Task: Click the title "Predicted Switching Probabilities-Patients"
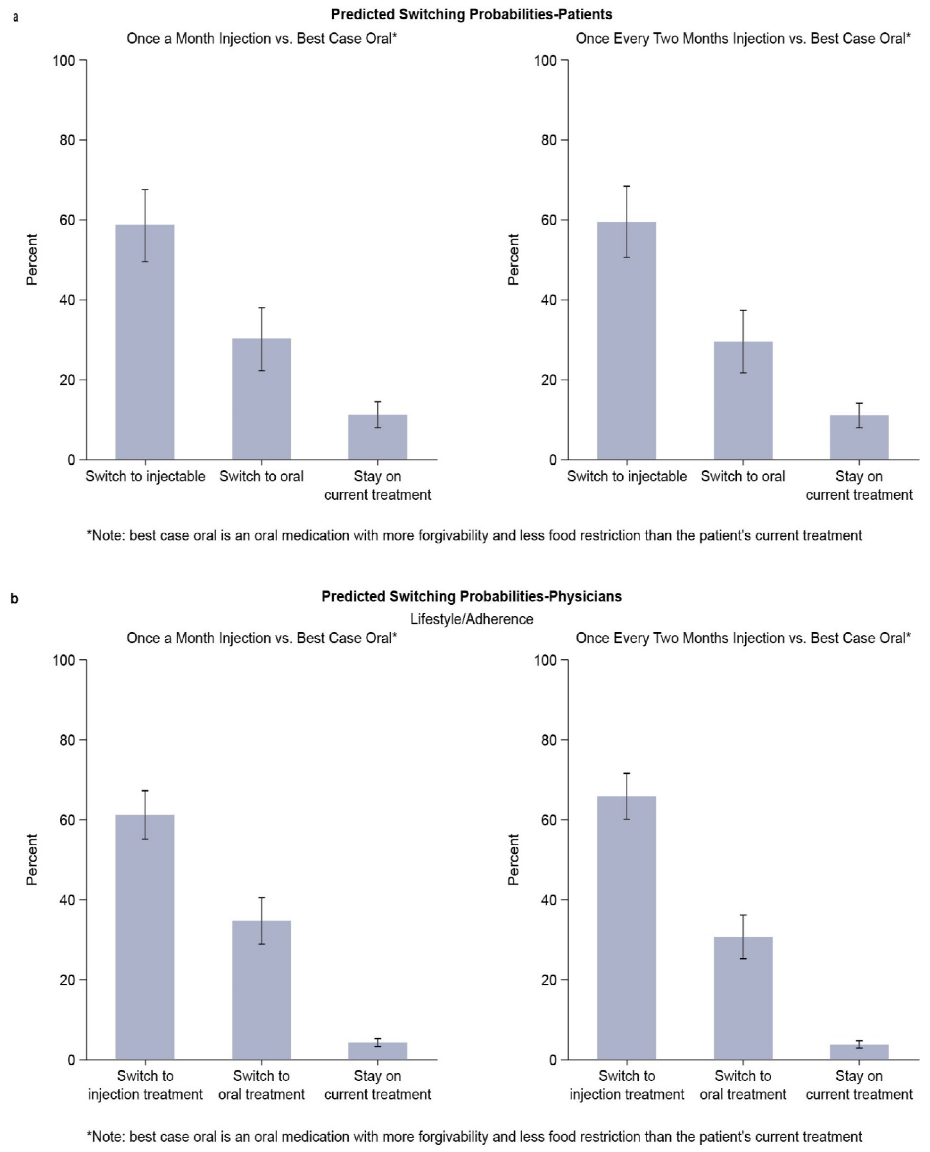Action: click(472, 14)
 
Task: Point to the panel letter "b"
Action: click(14, 598)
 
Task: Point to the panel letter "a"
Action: click(15, 17)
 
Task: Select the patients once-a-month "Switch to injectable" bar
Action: click(145, 343)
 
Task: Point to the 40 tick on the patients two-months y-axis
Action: click(549, 300)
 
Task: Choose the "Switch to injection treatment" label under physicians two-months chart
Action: click(626, 1085)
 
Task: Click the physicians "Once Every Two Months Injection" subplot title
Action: click(743, 638)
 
